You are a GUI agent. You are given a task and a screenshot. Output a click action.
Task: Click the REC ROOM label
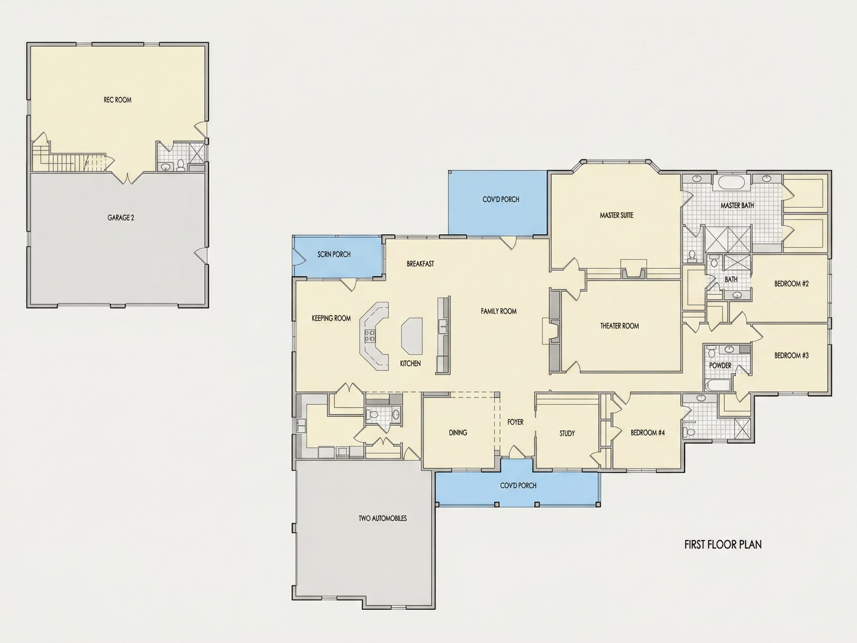tap(118, 100)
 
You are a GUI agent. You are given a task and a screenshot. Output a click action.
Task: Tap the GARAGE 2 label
tap(121, 218)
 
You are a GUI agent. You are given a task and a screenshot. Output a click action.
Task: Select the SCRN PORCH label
tap(334, 254)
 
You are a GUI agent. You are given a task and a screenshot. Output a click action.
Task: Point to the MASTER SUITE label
tap(616, 215)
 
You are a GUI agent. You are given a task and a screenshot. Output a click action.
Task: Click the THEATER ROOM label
tap(620, 326)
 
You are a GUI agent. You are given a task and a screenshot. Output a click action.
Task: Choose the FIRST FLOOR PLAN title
tap(723, 544)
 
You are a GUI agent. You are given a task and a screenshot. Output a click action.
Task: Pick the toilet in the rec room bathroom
tap(180, 166)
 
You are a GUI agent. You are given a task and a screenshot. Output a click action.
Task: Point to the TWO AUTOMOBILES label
tap(382, 518)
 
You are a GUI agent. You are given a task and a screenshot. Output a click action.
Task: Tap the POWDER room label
tap(720, 365)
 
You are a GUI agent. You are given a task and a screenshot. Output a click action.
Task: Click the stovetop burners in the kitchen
tap(370, 336)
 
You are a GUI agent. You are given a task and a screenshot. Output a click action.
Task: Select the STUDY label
tap(567, 433)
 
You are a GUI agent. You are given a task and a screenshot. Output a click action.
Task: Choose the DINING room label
tap(458, 432)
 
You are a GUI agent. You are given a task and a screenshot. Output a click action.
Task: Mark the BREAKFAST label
tap(420, 264)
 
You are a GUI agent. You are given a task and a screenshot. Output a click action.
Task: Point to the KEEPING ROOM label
tap(331, 318)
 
